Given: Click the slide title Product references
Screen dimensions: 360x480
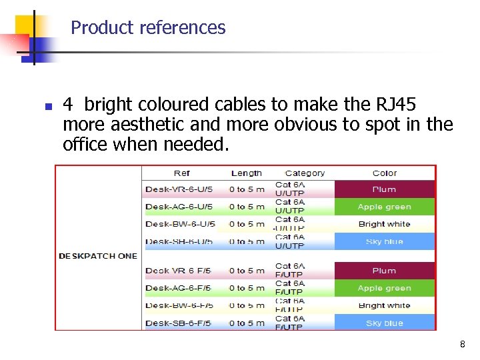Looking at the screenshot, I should point(148,28).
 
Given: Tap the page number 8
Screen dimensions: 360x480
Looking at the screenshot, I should point(462,345).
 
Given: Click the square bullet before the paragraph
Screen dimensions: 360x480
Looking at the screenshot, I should point(40,107).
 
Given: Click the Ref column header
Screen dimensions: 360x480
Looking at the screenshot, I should point(181,173).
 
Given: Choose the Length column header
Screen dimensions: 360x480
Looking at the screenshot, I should point(246,173).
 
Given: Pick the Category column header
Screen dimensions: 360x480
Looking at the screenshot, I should point(305,173).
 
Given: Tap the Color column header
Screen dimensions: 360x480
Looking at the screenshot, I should point(385,173).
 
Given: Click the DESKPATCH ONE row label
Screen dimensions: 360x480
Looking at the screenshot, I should point(98,256).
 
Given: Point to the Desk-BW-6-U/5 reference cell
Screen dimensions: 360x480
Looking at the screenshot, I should point(180,224).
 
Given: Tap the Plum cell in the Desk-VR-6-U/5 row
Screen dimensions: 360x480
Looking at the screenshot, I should point(385,189).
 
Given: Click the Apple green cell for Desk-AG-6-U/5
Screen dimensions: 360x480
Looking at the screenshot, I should point(385,207).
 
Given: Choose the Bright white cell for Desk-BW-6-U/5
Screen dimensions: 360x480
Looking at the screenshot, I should point(385,224).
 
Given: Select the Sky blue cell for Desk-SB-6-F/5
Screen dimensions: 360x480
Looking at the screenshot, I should point(385,323).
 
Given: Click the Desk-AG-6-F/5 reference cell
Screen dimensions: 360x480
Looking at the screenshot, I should point(179,288).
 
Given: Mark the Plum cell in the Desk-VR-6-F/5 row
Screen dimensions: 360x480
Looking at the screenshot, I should point(385,271).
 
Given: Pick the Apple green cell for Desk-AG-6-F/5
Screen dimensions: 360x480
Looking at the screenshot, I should point(385,288).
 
